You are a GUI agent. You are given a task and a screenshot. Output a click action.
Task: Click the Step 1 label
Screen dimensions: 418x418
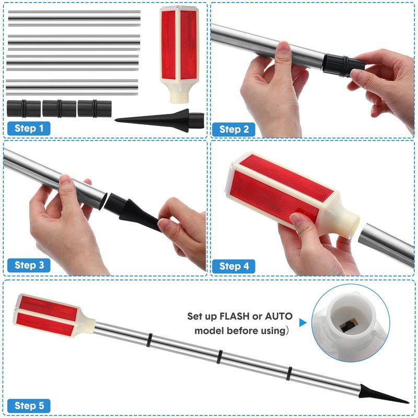tap(29, 128)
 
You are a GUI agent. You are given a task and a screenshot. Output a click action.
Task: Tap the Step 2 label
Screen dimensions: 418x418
tap(234, 130)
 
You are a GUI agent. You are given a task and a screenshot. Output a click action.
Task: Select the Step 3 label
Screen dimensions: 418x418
tap(29, 265)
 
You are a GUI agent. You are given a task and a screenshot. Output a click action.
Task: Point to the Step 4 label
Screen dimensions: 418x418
tap(234, 266)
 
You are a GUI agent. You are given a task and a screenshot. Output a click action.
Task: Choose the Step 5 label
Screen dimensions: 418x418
tap(29, 405)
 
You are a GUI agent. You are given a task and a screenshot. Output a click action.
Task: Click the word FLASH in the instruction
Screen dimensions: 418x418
tap(234, 316)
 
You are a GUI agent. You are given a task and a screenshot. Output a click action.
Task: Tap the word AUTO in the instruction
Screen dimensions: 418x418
tap(278, 316)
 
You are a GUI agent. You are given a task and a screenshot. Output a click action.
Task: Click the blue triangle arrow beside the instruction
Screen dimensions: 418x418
tap(303, 322)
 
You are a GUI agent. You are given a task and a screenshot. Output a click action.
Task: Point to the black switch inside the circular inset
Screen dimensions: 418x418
tap(347, 326)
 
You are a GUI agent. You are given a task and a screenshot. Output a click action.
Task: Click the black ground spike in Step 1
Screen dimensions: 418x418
tap(160, 120)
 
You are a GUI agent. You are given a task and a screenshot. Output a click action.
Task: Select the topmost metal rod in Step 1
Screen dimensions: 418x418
tap(74, 18)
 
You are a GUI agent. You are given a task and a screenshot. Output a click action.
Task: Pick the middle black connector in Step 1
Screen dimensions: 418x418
tap(59, 109)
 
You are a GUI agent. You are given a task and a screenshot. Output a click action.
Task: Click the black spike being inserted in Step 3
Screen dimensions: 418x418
tap(133, 212)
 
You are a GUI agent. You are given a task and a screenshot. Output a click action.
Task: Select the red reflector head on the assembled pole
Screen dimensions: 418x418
tap(53, 316)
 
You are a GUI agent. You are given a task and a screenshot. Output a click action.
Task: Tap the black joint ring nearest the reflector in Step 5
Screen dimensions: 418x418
tap(149, 340)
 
